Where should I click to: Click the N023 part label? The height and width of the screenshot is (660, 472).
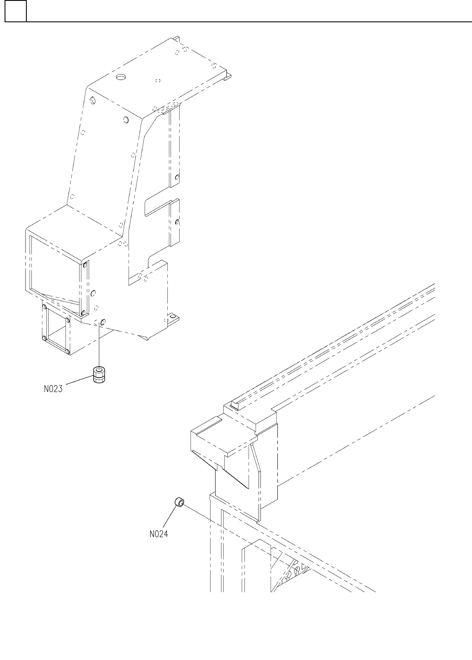tap(53, 389)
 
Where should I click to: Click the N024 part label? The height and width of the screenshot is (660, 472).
tap(159, 534)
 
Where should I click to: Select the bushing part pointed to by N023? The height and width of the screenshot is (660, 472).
tap(99, 375)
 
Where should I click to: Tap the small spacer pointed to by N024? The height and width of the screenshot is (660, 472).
tap(179, 502)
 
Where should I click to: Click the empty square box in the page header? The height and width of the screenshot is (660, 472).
tap(15, 11)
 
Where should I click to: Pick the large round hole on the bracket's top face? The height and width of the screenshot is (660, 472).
tap(121, 77)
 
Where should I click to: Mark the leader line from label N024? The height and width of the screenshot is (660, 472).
tap(170, 518)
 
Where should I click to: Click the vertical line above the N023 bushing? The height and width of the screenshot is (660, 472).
tap(99, 346)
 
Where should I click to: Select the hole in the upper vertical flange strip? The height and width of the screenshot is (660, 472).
tap(177, 177)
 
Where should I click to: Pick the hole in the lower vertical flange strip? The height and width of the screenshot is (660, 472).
tap(177, 222)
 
